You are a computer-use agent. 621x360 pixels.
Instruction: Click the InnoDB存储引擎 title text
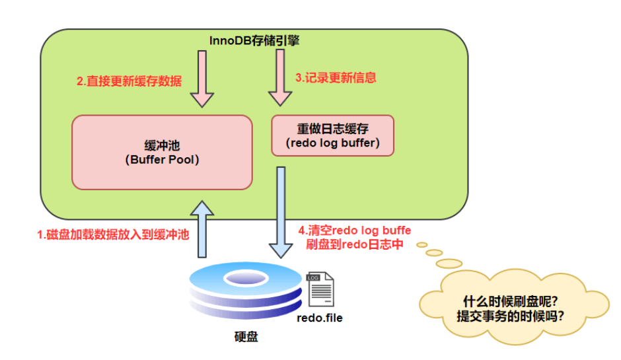pyautogui.click(x=254, y=41)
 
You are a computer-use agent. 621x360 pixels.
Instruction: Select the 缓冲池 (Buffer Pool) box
pyautogui.click(x=162, y=152)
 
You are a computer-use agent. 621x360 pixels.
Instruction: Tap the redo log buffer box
pyautogui.click(x=332, y=135)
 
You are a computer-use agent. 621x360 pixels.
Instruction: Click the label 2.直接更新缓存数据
pyautogui.click(x=129, y=81)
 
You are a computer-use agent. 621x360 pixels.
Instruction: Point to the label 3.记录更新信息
pyautogui.click(x=336, y=77)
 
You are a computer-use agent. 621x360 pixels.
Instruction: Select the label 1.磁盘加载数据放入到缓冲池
pyautogui.click(x=113, y=234)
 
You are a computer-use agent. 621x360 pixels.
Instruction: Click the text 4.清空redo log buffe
pyautogui.click(x=355, y=230)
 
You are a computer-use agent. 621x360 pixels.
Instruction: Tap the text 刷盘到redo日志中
pyautogui.click(x=355, y=244)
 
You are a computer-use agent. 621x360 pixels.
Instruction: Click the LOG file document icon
pyautogui.click(x=320, y=289)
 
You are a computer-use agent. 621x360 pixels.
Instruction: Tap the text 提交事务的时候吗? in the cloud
pyautogui.click(x=511, y=316)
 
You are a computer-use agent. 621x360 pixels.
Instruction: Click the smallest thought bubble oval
pyautogui.click(x=421, y=243)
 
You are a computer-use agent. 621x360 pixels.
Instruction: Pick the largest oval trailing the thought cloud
pyautogui.click(x=449, y=264)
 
